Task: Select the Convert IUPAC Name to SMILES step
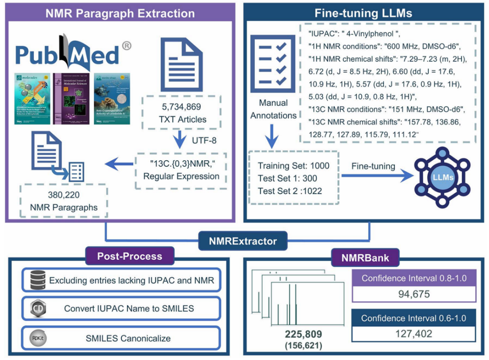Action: [x=123, y=308]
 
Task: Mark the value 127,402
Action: [x=413, y=333]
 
